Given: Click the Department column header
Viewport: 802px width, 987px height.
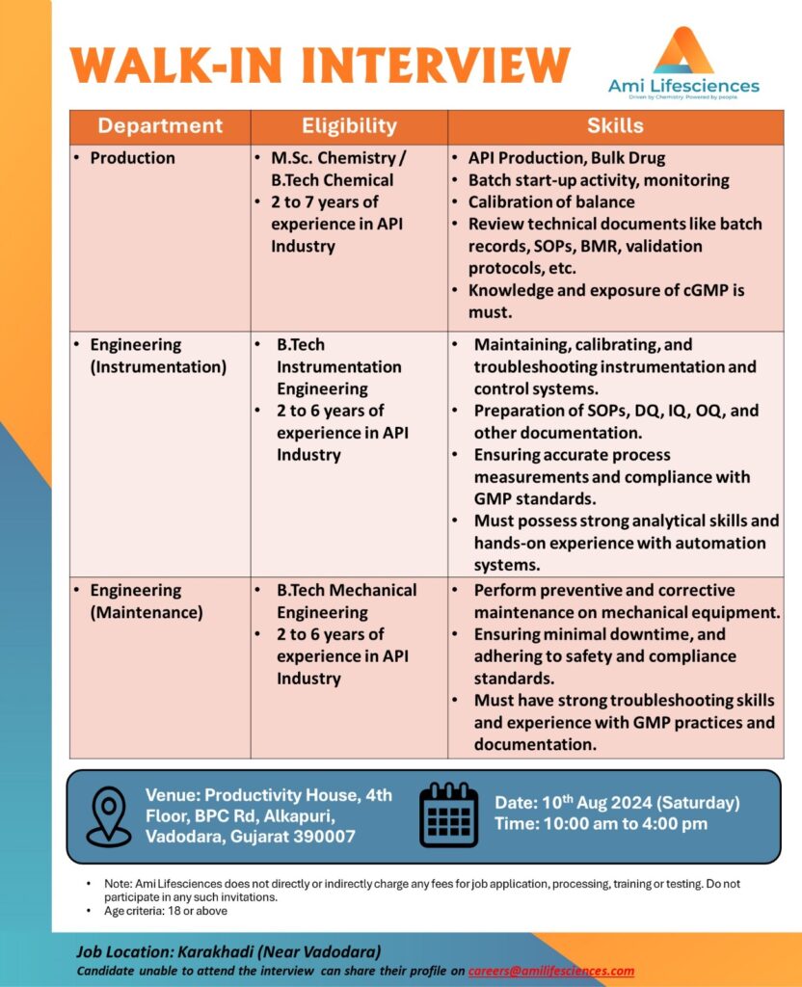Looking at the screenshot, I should pos(160,125).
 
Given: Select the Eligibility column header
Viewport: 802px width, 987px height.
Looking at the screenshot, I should pos(349,125).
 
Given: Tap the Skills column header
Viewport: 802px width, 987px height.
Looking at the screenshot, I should pos(615,125).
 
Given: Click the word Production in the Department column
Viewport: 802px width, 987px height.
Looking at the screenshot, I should pos(132,158).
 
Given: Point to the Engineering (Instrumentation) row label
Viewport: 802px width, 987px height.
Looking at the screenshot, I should pos(158,356).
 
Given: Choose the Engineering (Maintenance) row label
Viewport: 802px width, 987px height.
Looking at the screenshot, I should pos(147,600).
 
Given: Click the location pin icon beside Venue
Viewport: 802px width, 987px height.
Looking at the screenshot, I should pos(108,816).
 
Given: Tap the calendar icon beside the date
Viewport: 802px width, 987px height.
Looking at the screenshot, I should pos(449,814).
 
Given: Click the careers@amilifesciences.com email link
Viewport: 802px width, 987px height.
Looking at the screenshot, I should pos(551,971).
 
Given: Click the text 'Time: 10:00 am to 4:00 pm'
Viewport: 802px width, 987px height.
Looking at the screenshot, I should pos(601,824).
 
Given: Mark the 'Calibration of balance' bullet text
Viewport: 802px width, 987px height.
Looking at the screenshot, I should pos(551,202).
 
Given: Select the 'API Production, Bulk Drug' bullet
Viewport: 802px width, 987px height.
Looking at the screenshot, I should pos(566,158).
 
